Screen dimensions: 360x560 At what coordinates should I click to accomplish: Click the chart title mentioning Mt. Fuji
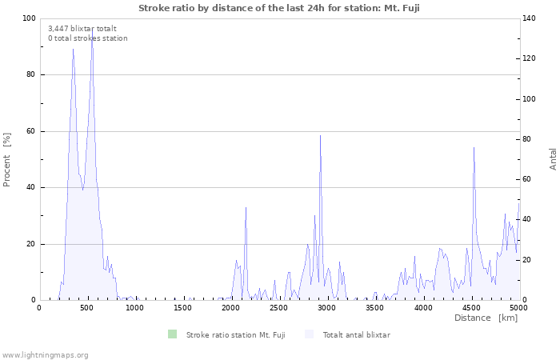[x=279, y=8]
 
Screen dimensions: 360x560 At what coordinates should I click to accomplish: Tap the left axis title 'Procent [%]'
[x=7, y=159]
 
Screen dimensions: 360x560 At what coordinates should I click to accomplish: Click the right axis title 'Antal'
[x=553, y=158]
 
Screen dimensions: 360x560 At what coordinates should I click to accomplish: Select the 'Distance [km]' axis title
[x=486, y=318]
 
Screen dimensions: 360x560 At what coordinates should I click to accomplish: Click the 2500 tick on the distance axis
[x=279, y=307]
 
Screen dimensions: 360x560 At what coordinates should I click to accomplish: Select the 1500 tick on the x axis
[x=183, y=307]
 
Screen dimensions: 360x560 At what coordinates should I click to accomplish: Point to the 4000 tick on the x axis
[x=423, y=307]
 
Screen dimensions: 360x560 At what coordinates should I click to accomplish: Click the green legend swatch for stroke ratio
[x=172, y=334]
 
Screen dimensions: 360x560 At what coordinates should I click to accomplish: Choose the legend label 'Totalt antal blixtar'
[x=356, y=334]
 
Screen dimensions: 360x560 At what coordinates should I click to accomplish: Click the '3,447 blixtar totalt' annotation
[x=82, y=28]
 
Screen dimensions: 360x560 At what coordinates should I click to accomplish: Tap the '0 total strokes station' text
[x=87, y=38]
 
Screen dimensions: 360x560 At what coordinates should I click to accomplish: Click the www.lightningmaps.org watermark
[x=45, y=354]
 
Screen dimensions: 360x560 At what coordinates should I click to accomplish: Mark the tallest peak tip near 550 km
[x=92, y=29]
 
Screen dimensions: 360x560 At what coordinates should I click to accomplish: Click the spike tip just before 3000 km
[x=320, y=135]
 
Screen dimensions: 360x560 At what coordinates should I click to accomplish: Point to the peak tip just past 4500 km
[x=474, y=147]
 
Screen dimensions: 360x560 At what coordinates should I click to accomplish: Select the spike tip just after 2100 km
[x=246, y=207]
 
